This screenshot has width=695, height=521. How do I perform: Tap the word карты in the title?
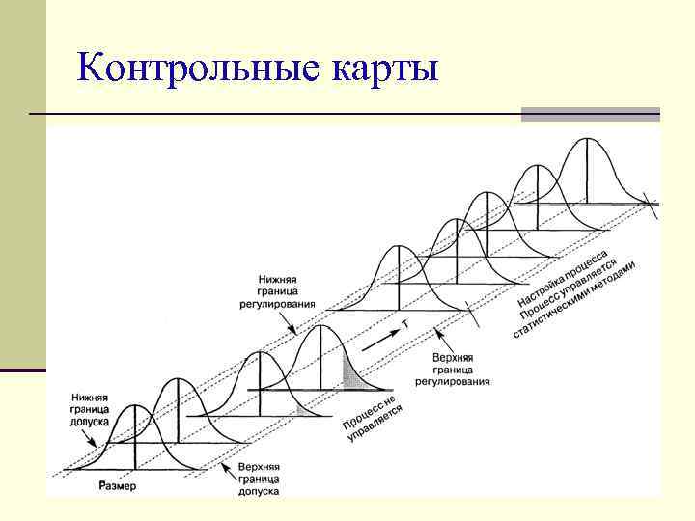pyautogui.click(x=384, y=69)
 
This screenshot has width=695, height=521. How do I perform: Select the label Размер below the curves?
pyautogui.click(x=117, y=485)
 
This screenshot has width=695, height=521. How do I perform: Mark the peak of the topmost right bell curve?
pyautogui.click(x=588, y=140)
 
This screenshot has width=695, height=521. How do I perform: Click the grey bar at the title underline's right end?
pyautogui.click(x=590, y=114)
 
